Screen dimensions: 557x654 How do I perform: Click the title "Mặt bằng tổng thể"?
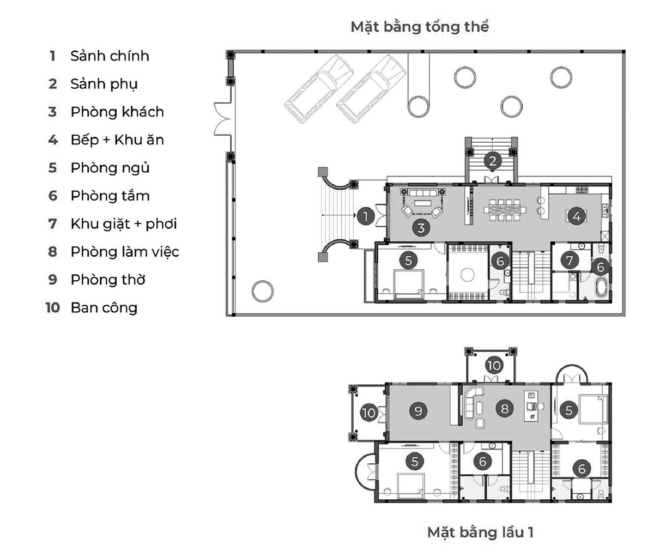pyautogui.click(x=420, y=27)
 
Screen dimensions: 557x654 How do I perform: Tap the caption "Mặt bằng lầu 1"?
pyautogui.click(x=480, y=531)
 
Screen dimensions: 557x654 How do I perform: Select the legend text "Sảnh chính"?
pyautogui.click(x=110, y=56)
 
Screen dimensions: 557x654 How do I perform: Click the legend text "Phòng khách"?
pyautogui.click(x=117, y=112)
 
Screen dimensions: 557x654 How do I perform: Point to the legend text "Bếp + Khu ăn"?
pyautogui.click(x=117, y=140)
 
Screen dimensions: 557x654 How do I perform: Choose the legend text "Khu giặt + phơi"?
pyautogui.click(x=124, y=224)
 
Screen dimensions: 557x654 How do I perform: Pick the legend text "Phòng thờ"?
pyautogui.click(x=108, y=280)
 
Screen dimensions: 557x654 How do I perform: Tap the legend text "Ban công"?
pyautogui.click(x=104, y=308)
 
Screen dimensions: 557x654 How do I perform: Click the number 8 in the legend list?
pyautogui.click(x=52, y=252)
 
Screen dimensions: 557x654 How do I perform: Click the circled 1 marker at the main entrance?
pyautogui.click(x=366, y=216)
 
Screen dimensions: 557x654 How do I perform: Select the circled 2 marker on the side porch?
pyautogui.click(x=492, y=161)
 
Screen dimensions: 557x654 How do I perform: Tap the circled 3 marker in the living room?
pyautogui.click(x=421, y=228)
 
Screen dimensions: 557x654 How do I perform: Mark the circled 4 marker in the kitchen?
pyautogui.click(x=576, y=216)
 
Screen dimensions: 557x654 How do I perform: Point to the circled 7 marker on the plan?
pyautogui.click(x=570, y=261)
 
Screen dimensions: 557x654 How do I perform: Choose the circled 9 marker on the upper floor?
pyautogui.click(x=418, y=410)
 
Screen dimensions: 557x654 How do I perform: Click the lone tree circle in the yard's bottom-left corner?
pyautogui.click(x=261, y=292)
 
